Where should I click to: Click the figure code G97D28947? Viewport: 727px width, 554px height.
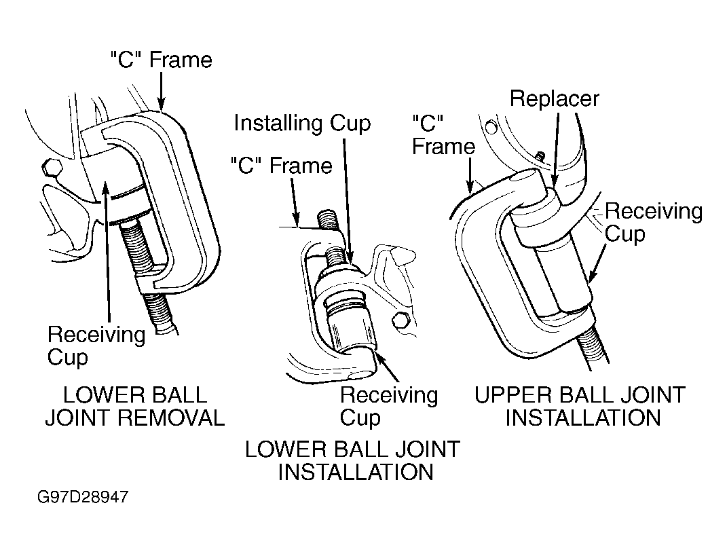[x=83, y=498]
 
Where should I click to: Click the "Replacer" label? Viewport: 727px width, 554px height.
[x=555, y=98]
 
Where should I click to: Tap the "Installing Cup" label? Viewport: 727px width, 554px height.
[x=302, y=124]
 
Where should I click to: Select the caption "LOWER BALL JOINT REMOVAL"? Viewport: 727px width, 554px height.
[x=134, y=407]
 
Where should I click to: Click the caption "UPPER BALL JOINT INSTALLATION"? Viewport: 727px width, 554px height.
[x=580, y=407]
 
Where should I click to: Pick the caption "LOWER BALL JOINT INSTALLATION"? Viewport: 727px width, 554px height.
[x=352, y=461]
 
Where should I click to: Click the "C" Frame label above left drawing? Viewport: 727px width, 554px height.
[x=162, y=60]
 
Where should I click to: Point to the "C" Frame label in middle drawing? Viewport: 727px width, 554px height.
[x=282, y=166]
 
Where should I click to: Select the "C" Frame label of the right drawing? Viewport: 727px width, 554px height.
[x=444, y=135]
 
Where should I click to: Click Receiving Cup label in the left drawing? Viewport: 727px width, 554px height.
[x=96, y=346]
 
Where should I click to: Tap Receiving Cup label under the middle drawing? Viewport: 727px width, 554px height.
[x=388, y=407]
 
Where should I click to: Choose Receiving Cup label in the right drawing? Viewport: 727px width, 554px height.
[x=654, y=223]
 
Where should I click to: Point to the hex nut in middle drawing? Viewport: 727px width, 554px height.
[x=401, y=321]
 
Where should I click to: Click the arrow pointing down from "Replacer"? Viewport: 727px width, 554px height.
[x=555, y=148]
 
